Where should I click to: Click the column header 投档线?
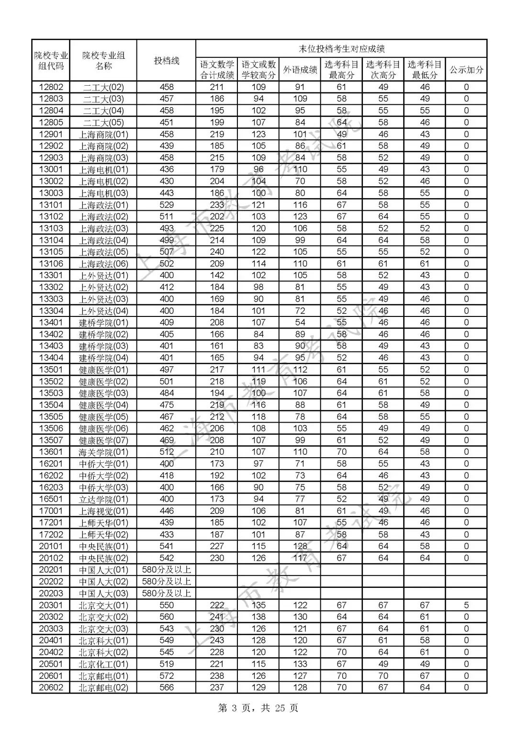coord(166,60)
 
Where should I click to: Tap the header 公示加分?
coord(466,70)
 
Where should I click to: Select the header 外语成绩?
coord(300,70)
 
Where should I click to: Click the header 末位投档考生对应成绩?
coord(341,48)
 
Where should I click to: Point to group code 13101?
coord(51,205)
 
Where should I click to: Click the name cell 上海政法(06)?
coord(103,264)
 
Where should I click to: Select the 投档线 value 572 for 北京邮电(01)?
coord(167,676)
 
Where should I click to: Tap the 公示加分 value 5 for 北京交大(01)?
coord(466,605)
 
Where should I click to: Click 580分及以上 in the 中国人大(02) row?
coord(167,582)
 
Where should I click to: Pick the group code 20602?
coord(51,687)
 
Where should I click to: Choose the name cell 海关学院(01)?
coord(103,452)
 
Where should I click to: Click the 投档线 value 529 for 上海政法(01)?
coord(167,205)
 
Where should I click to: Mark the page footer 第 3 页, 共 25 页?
coord(258,708)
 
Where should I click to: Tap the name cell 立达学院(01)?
coord(103,499)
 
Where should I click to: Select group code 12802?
coord(51,87)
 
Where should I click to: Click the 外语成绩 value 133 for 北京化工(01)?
coord(300,664)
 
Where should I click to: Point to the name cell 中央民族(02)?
coord(103,558)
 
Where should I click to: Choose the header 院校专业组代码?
coord(51,60)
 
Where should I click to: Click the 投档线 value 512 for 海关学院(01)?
coord(167,452)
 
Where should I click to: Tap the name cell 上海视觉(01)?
coord(103,511)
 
